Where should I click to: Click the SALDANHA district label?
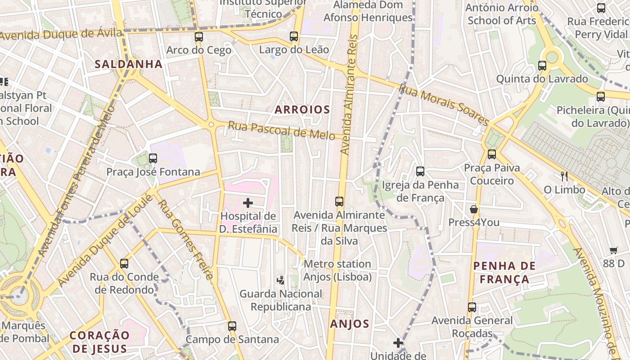tap(128, 64)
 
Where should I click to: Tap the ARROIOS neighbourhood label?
tap(302, 109)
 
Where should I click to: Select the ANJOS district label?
tap(350, 324)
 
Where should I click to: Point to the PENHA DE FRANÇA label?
tap(504, 272)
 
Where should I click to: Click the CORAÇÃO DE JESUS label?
tap(99, 342)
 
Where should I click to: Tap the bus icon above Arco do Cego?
tap(199, 37)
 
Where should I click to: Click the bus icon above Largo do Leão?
tap(294, 36)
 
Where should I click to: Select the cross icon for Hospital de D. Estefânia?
tap(248, 203)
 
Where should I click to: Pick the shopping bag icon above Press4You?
tap(474, 209)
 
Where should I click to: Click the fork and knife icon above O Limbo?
tap(564, 176)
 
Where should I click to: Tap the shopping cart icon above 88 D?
tap(614, 250)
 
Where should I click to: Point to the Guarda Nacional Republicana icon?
tap(281, 280)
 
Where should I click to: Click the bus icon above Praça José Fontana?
tap(153, 158)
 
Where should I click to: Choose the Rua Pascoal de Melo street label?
tap(281, 130)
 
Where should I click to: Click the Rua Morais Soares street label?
tap(444, 105)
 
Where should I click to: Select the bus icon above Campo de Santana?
tap(232, 326)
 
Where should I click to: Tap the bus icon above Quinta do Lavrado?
tap(542, 66)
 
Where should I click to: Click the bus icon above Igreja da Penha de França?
tap(420, 171)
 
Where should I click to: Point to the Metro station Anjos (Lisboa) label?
tap(337, 270)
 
